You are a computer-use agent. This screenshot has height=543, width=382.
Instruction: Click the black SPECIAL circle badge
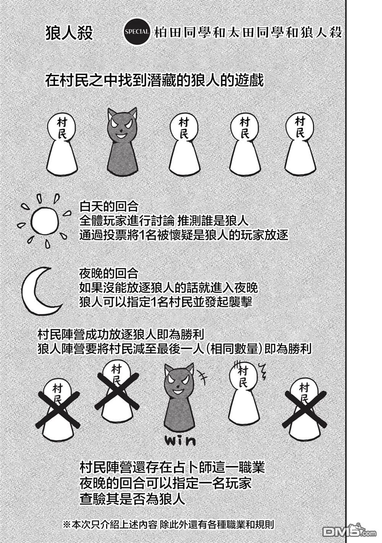pyautogui.click(x=137, y=32)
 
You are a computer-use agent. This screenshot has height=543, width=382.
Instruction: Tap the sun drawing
pyautogui.click(x=45, y=221)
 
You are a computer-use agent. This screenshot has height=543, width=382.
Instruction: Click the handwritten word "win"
pyautogui.click(x=180, y=453)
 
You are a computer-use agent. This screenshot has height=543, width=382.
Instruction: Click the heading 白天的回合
pyautogui.click(x=109, y=207)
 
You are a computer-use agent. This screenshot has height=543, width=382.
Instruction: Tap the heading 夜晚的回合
pyautogui.click(x=109, y=273)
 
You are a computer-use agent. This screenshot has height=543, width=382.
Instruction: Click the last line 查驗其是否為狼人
pyautogui.click(x=132, y=498)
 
